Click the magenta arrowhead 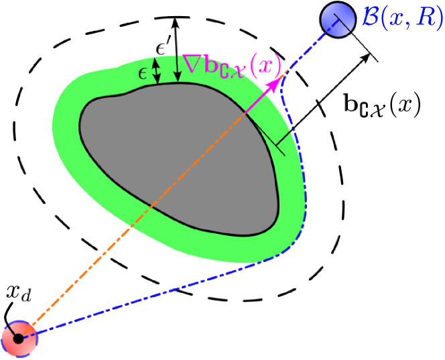coord(275,83)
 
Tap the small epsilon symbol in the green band coord(143,72)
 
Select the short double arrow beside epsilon coord(157,71)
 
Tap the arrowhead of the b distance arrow coord(365,59)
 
